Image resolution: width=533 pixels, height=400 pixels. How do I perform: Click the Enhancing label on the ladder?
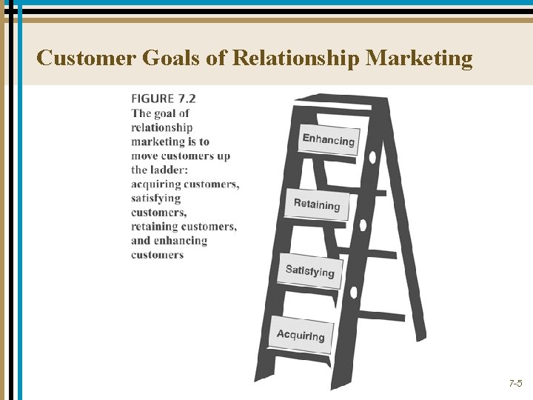pos(329,140)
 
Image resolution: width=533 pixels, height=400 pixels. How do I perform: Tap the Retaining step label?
pos(317,204)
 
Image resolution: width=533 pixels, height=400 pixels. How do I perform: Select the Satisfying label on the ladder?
pos(310,271)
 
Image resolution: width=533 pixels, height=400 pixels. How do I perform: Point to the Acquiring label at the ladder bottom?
pos(301,336)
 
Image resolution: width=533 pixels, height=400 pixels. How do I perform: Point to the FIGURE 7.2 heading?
pos(164,98)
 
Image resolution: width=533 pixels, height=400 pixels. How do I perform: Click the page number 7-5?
pos(515,384)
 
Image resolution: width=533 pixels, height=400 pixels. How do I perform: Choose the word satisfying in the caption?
pos(156,198)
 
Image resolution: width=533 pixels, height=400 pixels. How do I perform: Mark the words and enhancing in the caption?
pos(170,240)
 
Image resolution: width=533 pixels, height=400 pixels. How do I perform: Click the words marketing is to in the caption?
pos(170,141)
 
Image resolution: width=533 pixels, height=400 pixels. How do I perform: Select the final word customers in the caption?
pos(157,255)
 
